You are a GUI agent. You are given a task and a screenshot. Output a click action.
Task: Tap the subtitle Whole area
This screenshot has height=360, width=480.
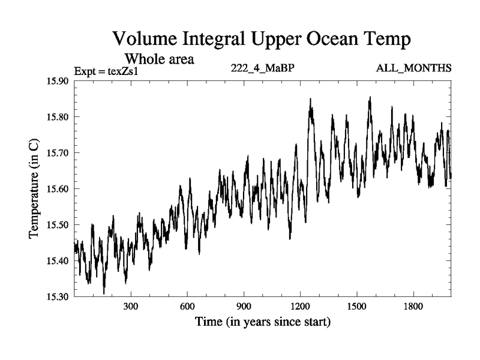(159, 59)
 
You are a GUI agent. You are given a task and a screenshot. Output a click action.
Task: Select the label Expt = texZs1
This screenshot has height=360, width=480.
(106, 72)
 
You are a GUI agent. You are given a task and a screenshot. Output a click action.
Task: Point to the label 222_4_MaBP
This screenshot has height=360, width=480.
(262, 68)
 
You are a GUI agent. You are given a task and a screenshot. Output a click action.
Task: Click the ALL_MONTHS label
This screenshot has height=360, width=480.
(413, 68)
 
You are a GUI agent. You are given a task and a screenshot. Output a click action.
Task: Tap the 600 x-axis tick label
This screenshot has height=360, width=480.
(187, 307)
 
